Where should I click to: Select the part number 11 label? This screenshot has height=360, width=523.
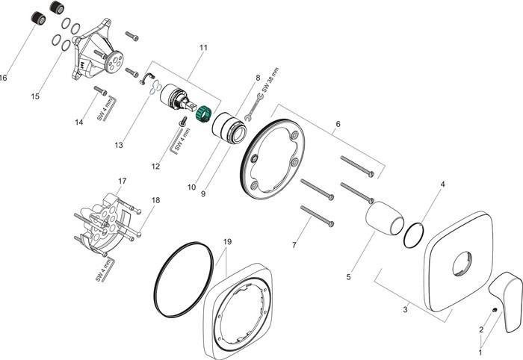coord(202,47)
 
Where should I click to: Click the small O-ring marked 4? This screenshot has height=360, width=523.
coord(412,235)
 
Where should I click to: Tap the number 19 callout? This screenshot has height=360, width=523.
coord(227,242)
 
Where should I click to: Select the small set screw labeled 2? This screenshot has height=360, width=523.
coord(495,309)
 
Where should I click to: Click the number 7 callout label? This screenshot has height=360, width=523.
coord(294,244)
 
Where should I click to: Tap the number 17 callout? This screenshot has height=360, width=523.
coord(122,181)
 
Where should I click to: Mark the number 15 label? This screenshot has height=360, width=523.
coord(35,96)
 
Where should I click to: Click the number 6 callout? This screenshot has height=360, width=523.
coord(338,123)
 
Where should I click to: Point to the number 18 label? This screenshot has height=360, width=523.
coord(155,199)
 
